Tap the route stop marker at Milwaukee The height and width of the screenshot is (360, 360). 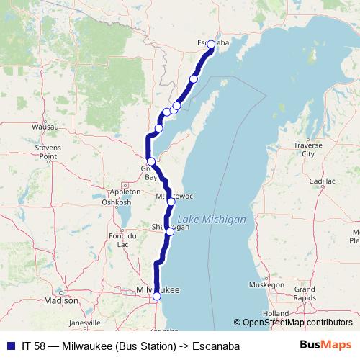157,296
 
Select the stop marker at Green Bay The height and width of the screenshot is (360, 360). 151,161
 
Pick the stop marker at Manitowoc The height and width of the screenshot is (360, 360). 171,202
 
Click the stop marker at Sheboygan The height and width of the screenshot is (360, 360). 170,231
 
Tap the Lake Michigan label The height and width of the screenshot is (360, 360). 212,219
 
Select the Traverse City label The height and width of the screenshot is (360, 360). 307,149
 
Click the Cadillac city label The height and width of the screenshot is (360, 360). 323,181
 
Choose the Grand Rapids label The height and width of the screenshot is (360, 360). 310,293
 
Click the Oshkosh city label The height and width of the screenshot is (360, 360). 116,202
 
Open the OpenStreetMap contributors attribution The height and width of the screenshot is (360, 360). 297,323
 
